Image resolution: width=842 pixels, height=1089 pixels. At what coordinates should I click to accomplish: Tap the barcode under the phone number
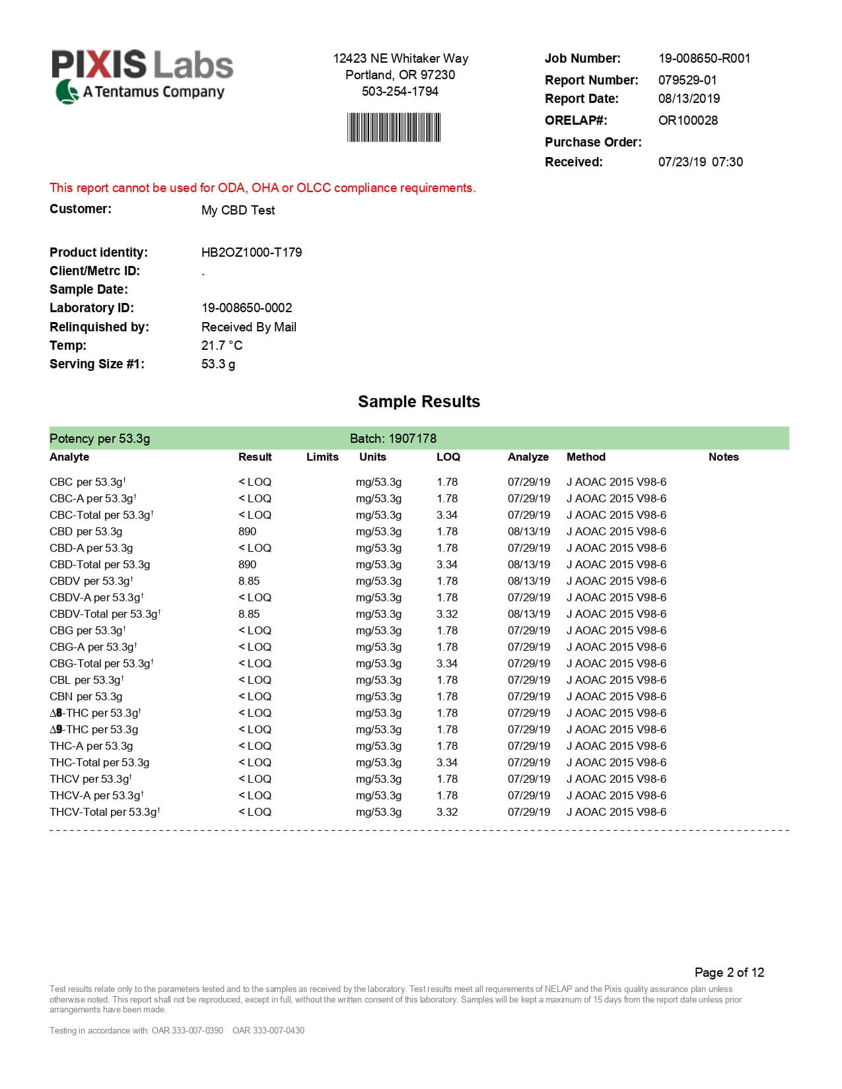[x=394, y=127]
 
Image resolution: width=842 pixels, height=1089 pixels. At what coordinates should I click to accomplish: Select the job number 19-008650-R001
[x=704, y=59]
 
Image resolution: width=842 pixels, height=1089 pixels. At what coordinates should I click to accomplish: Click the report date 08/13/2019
[x=689, y=99]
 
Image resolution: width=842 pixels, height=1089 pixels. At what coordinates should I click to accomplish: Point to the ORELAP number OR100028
[x=687, y=121]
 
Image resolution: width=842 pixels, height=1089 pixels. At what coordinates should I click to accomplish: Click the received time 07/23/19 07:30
[x=700, y=162]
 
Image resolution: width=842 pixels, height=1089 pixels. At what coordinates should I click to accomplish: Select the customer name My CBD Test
[x=238, y=211]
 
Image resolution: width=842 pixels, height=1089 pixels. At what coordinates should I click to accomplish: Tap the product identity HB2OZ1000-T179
[x=251, y=253]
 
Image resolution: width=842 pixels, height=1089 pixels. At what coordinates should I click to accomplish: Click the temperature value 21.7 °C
[x=221, y=346]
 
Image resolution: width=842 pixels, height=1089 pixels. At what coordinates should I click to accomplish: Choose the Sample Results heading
[x=419, y=402]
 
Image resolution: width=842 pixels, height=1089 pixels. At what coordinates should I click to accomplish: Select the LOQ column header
[x=448, y=457]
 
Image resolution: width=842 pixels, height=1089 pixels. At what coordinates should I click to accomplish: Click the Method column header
[x=586, y=457]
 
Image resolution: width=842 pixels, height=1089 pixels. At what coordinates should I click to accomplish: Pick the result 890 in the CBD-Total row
[x=247, y=565]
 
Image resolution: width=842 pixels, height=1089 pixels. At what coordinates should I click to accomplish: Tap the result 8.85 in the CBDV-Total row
[x=249, y=614]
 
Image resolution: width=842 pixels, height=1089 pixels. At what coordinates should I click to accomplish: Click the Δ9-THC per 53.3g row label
[x=94, y=730]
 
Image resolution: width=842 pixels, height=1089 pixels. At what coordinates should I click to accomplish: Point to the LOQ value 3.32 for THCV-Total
[x=447, y=812]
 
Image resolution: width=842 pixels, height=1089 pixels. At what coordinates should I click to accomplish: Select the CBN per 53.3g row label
[x=86, y=697]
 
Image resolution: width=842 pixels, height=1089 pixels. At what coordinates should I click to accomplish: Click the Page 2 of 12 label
[x=729, y=973]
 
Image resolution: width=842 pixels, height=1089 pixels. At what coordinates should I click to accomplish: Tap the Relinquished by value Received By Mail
[x=248, y=327]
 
